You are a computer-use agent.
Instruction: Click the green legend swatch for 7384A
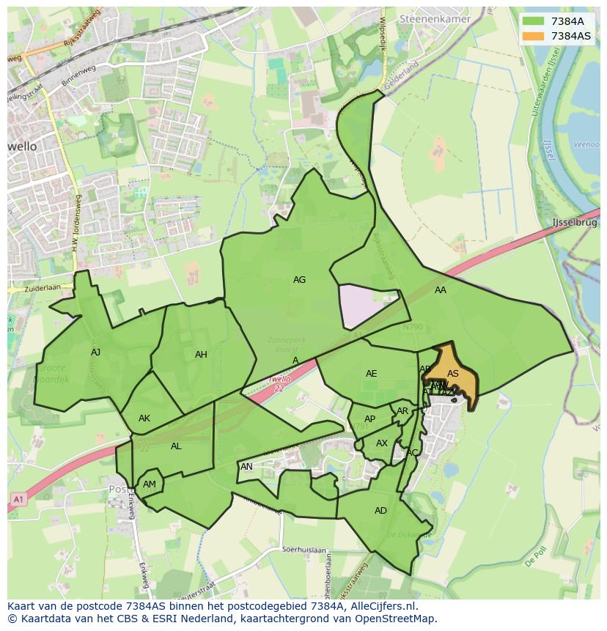534,21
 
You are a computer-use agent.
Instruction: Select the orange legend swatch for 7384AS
534,36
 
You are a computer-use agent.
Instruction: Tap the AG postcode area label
299,280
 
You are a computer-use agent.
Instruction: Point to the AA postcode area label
441,290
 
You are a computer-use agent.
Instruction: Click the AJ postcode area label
95,353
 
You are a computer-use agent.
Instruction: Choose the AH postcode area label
201,355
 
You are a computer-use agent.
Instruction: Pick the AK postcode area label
144,418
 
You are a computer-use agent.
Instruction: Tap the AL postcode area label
176,446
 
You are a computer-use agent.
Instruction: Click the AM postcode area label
150,484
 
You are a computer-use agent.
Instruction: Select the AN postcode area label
246,467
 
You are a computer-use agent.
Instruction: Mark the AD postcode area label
380,511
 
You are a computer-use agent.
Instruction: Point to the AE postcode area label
372,374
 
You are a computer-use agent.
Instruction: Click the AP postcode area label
369,420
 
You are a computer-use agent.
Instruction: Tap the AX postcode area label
382,443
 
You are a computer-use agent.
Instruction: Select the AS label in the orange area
453,374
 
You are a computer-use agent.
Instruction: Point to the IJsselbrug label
574,221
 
